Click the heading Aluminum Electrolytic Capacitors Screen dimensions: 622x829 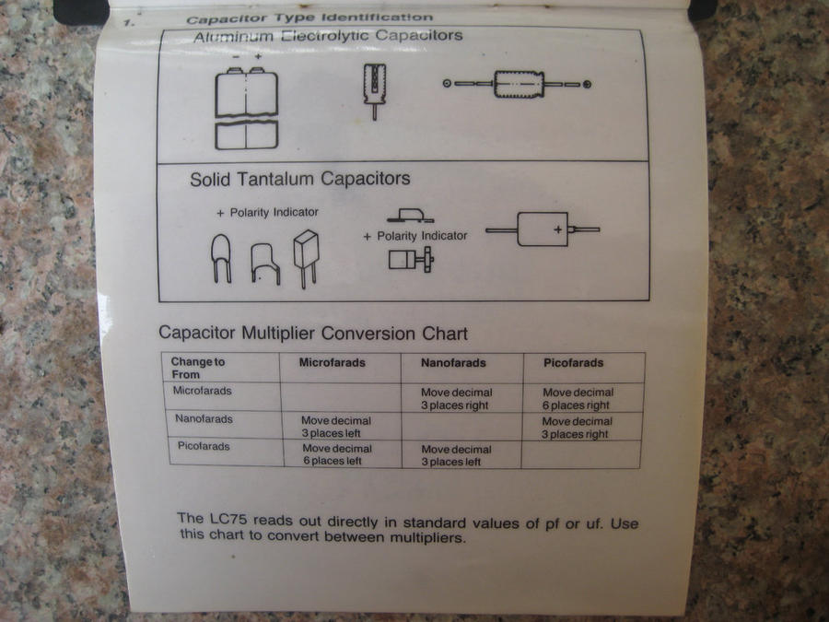click(x=328, y=37)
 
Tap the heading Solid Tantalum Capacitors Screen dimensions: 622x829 click(x=300, y=180)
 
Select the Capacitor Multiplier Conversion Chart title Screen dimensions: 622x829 click(x=313, y=334)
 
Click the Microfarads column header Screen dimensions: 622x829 click(x=333, y=363)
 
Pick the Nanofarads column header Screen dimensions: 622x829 click(x=453, y=364)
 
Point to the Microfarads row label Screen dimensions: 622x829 click(x=203, y=392)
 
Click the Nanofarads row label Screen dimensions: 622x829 click(x=204, y=419)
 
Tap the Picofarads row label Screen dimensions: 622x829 click(x=202, y=447)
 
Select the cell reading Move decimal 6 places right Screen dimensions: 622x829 click(x=577, y=398)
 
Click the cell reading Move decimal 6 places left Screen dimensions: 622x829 click(x=337, y=454)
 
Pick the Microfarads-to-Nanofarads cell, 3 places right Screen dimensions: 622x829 click(x=456, y=399)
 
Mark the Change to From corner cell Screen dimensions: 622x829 click(x=197, y=368)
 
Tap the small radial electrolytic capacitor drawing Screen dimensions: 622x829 click(x=374, y=89)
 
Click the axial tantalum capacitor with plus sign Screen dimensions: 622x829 click(x=542, y=229)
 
